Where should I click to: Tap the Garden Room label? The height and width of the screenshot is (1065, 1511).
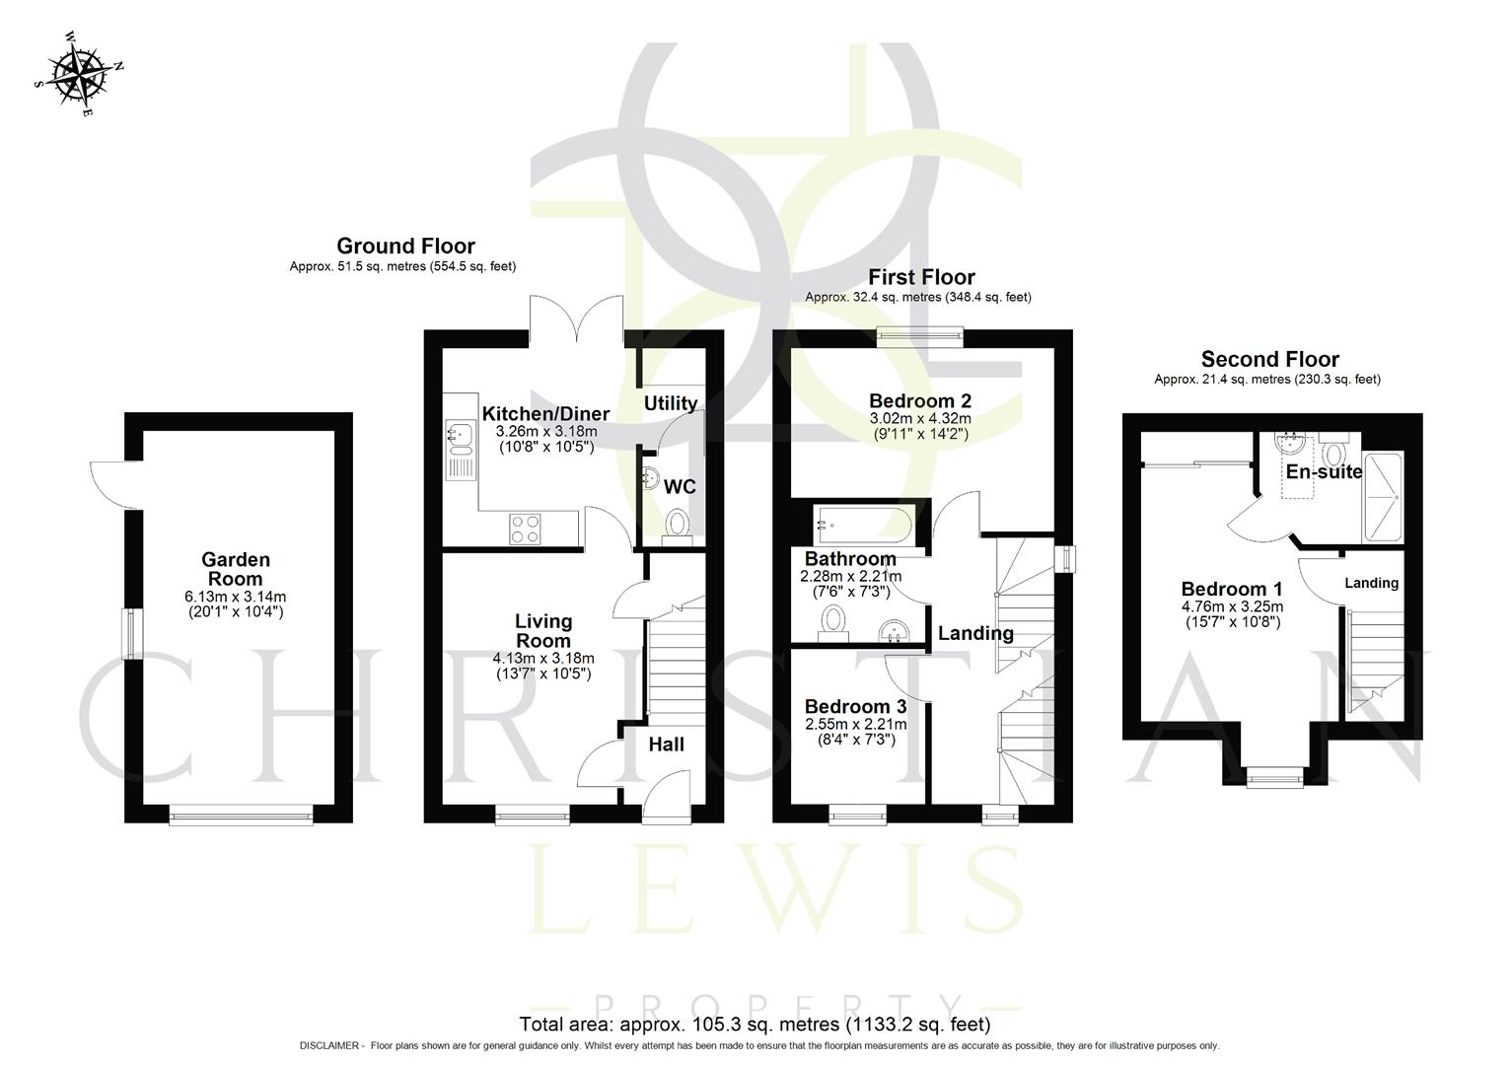point(236,569)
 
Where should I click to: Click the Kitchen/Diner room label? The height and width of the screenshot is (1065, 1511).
point(544,413)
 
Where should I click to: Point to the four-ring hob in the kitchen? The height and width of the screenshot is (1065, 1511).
point(526,529)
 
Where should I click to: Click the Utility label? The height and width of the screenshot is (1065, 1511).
point(671,402)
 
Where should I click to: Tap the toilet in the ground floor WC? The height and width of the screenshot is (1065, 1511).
point(677,523)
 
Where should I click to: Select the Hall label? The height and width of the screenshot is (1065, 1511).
point(666,745)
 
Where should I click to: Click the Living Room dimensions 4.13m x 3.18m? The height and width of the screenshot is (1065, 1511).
point(543,659)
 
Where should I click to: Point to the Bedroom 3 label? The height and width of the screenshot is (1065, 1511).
point(855,706)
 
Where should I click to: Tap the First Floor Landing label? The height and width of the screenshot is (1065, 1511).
point(974,633)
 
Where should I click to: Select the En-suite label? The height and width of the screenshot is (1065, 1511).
point(1324,471)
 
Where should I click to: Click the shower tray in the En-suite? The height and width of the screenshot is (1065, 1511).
point(1383,496)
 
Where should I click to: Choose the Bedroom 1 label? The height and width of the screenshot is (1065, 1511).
point(1231,589)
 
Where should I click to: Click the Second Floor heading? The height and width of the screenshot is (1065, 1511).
point(1269,359)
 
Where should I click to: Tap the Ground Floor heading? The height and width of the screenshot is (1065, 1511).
point(405,246)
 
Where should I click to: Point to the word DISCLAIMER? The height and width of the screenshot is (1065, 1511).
point(330,1045)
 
